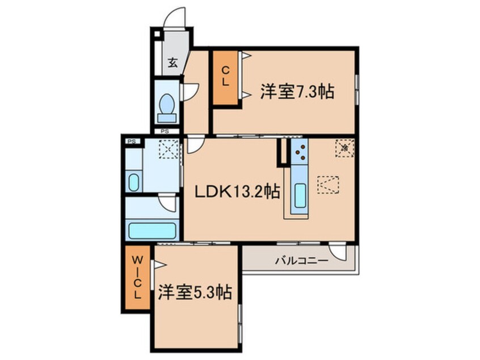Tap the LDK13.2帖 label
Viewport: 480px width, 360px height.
coord(237,192)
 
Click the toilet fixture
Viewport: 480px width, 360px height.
coord(166,106)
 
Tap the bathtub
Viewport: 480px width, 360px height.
coord(151,231)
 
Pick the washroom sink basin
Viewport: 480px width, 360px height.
coord(132,183)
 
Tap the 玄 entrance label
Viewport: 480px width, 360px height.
coord(172,62)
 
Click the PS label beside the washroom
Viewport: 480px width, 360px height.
coord(131,141)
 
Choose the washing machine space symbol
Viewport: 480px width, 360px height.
coord(168,150)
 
